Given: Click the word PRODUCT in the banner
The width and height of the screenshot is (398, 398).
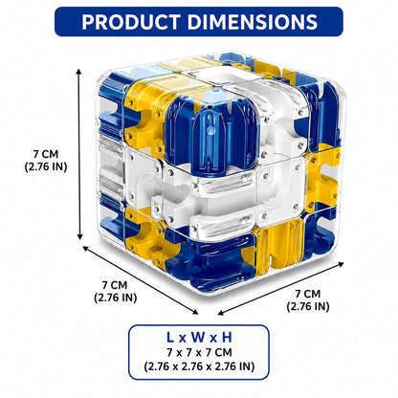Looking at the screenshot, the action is [132, 22].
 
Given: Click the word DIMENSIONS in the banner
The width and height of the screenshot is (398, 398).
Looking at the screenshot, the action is [253, 22].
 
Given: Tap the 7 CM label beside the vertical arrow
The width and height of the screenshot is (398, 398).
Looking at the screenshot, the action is [46, 154].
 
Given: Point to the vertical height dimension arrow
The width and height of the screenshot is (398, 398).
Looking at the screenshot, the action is [79, 154].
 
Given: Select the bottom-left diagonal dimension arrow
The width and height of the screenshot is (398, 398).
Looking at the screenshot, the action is [141, 280].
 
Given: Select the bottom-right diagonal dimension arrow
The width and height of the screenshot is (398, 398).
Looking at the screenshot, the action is [281, 288].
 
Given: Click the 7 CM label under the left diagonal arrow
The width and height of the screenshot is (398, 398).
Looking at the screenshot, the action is [115, 285].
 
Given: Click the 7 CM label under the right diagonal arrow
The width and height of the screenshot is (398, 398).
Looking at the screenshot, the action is [307, 294].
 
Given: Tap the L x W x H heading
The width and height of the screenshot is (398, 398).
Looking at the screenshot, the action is [199, 338].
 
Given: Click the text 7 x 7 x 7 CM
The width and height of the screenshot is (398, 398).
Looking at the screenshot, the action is [199, 353].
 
